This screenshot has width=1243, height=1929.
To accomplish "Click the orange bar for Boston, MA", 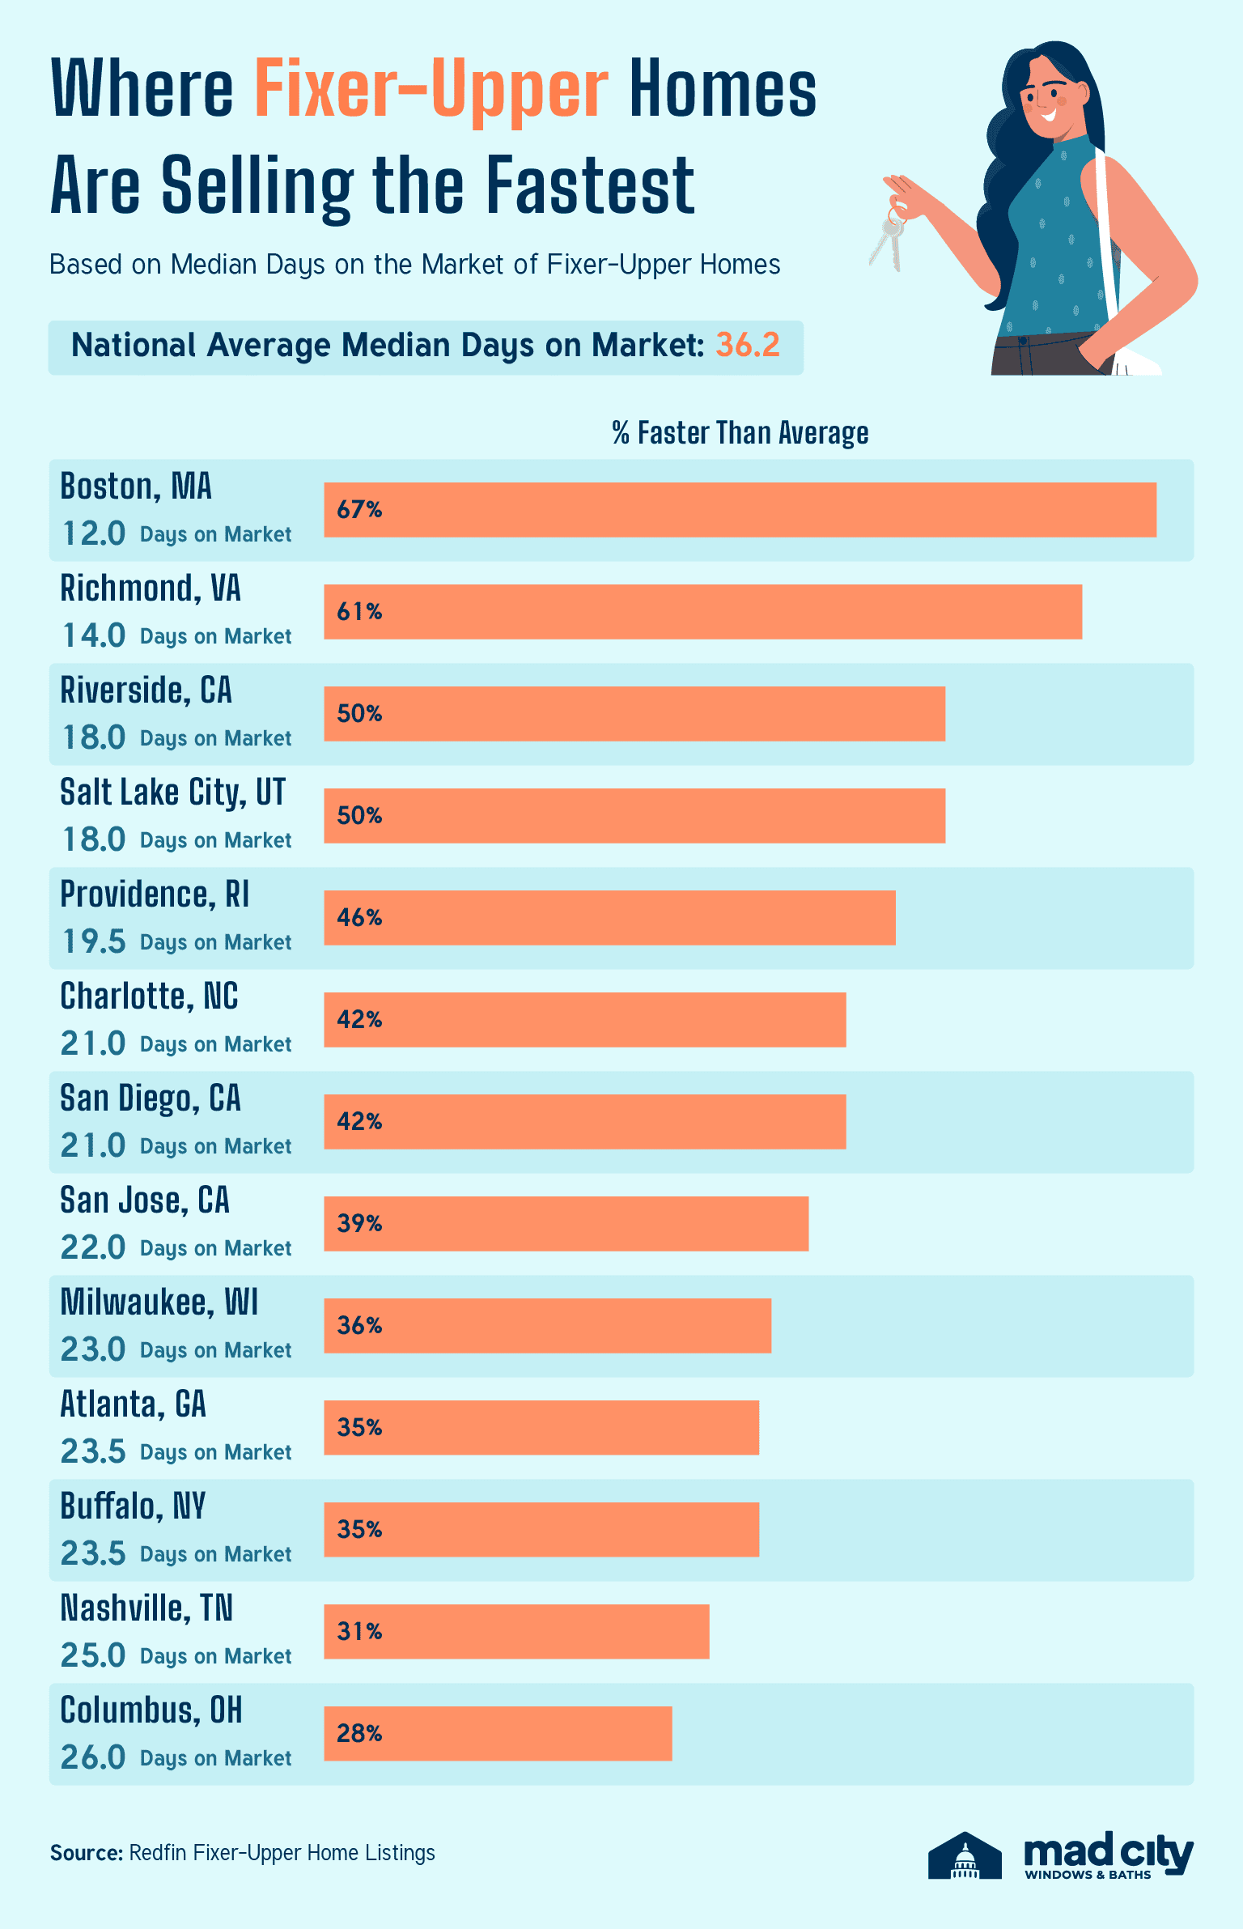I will tap(740, 510).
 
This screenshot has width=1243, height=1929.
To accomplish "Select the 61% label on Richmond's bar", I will tap(359, 612).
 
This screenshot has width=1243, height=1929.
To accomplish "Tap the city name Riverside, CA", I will tap(146, 690).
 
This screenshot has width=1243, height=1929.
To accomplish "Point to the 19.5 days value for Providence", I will tap(94, 941).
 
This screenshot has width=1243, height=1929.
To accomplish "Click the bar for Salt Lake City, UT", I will tap(634, 816).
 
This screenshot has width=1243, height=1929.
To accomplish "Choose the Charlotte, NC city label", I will tap(149, 996).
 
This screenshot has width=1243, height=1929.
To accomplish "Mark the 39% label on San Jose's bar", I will tap(359, 1224).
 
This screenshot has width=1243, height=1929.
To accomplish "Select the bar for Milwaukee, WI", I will tap(547, 1326).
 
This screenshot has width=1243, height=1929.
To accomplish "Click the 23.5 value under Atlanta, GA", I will tap(94, 1451).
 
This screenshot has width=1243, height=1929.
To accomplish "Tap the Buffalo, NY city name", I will tap(133, 1506).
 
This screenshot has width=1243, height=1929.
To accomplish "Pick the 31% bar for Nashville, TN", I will tap(516, 1632).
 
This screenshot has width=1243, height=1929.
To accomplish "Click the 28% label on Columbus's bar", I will tap(359, 1734).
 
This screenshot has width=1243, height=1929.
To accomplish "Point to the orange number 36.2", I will tap(747, 346).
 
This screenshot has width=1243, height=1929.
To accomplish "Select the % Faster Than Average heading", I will tap(740, 433).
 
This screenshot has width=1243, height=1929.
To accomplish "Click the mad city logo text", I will tap(1108, 1855).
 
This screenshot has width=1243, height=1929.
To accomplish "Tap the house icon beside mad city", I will tap(965, 1855).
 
